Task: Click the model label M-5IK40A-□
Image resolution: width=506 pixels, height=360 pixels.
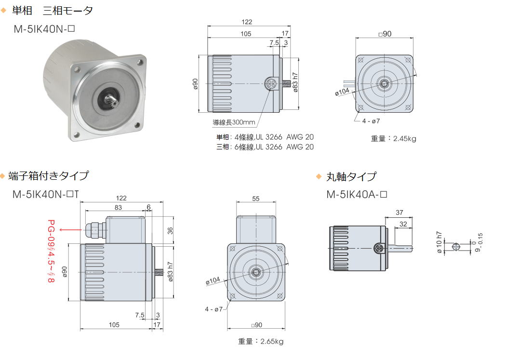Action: tap(357, 195)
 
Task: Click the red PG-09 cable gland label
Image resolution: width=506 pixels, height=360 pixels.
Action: tap(51, 251)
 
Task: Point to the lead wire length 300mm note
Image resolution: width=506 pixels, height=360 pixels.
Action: tap(234, 122)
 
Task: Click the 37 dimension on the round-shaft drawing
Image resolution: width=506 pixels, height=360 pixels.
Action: tap(399, 213)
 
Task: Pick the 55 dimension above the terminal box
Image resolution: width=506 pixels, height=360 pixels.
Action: tap(255, 199)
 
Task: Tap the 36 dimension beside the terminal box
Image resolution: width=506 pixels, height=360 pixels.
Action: tap(170, 230)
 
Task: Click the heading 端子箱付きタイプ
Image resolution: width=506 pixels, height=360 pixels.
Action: tap(48, 176)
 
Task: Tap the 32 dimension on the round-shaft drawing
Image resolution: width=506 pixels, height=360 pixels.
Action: tap(403, 224)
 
